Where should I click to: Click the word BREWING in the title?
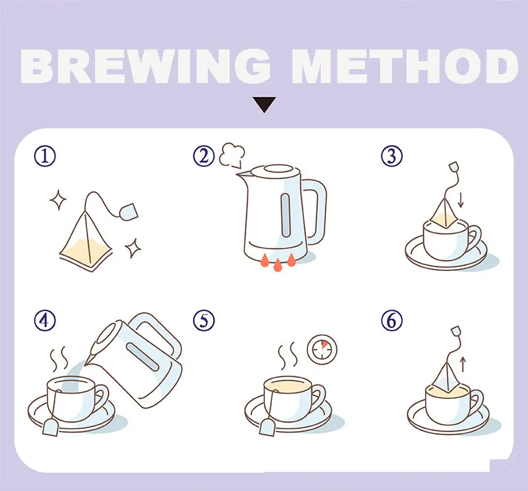tap(145, 66)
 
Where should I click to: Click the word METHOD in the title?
tap(405, 66)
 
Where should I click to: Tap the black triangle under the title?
tap(265, 105)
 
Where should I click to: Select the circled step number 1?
tap(45, 156)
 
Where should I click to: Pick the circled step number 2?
tap(204, 156)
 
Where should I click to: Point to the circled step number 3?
tap(391, 156)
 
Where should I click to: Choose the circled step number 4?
tap(45, 320)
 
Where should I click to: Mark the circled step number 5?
tap(204, 320)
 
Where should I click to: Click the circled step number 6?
tap(391, 320)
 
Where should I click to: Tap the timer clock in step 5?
tap(322, 349)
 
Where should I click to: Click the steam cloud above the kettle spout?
tap(232, 155)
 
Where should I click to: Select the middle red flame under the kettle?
tap(277, 265)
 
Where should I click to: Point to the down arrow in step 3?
tap(461, 200)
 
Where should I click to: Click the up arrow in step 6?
tap(463, 364)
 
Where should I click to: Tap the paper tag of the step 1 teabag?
tap(128, 212)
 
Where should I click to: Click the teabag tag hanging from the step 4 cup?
tap(51, 428)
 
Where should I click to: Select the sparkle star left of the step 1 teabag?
tap(58, 200)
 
